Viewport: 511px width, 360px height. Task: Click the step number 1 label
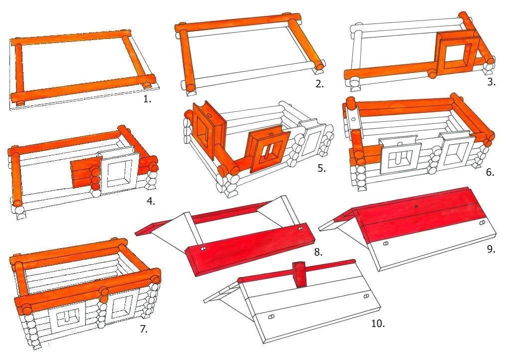(148, 99)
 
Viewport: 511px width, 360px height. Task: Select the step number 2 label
(320, 84)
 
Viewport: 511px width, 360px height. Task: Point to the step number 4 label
(151, 201)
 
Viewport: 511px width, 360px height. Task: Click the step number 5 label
(322, 168)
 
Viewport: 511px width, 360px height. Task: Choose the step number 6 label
(491, 172)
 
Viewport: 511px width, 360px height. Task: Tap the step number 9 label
(491, 249)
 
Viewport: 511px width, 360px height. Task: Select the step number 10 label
(378, 324)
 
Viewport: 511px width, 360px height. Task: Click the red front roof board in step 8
(251, 249)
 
